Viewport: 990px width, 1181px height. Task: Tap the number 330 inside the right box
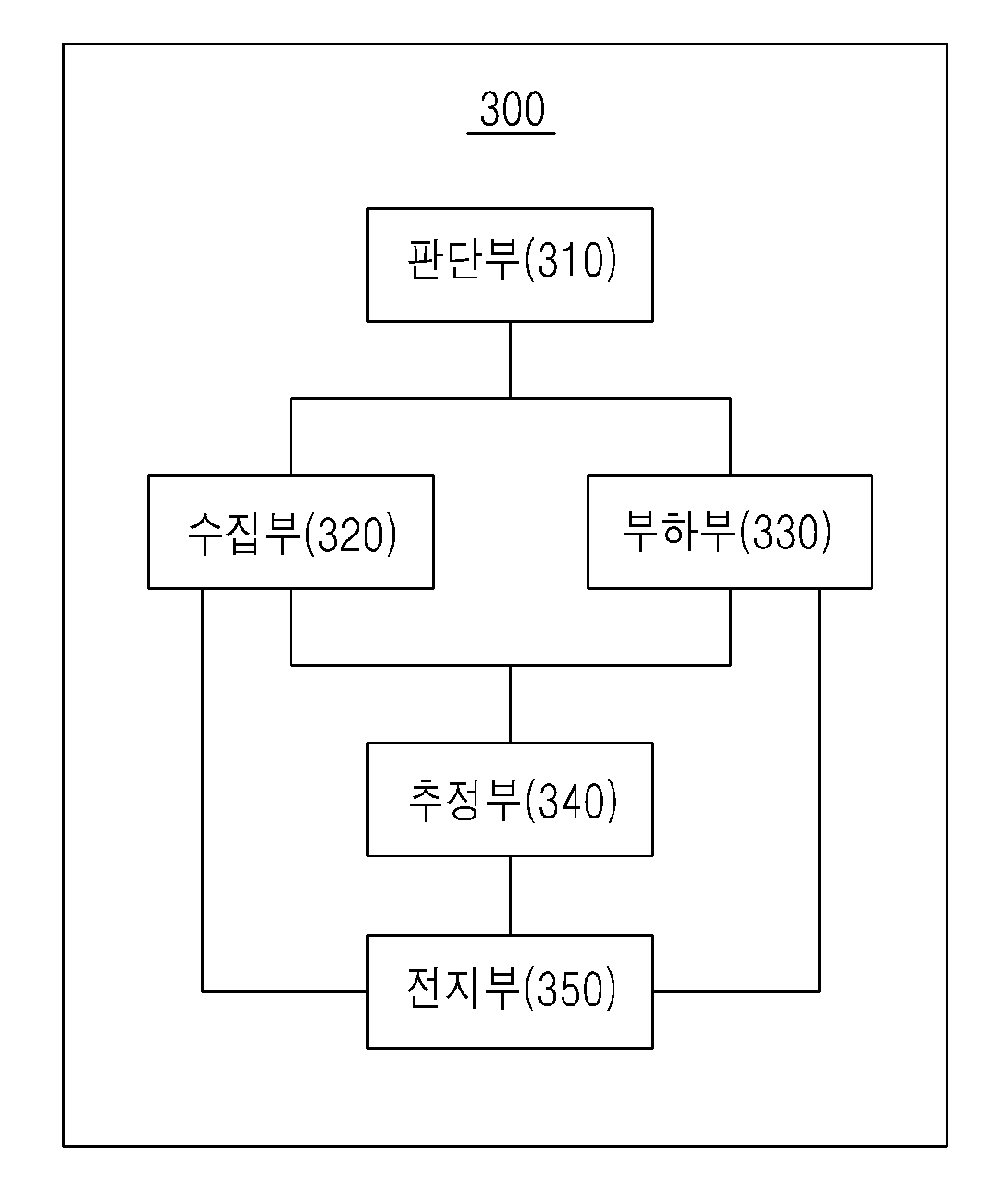coord(786,531)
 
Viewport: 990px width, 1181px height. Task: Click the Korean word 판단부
coord(463,259)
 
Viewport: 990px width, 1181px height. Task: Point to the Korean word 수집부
coord(243,534)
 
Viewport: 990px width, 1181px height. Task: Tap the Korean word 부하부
coord(679,531)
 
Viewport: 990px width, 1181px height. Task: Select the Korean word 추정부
coord(464,800)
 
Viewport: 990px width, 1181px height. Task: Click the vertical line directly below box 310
coord(510,360)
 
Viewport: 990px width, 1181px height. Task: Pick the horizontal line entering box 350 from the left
coord(285,991)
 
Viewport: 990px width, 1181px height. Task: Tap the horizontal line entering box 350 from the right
coord(736,991)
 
